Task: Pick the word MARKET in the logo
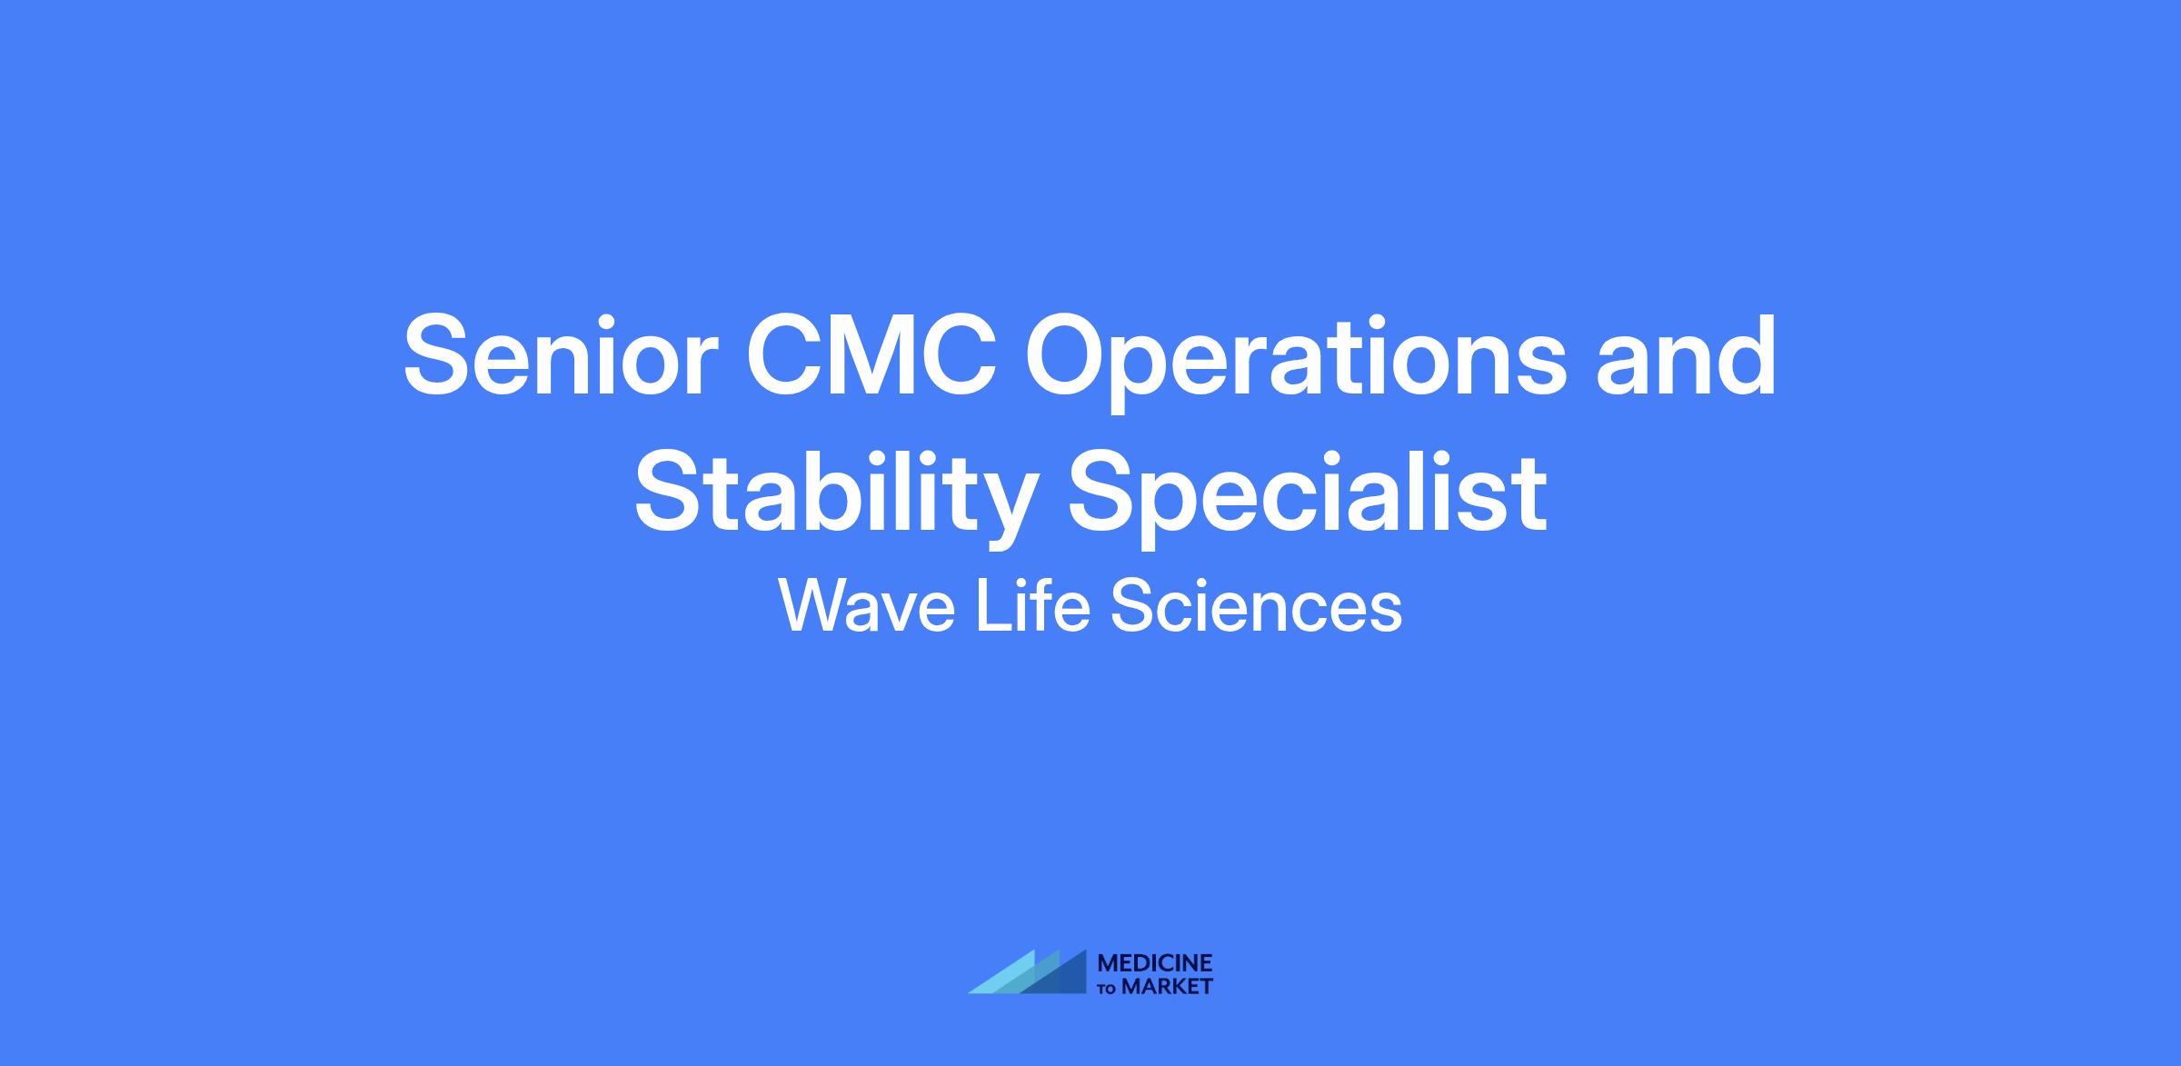pyautogui.click(x=1168, y=987)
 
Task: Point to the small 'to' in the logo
pyautogui.click(x=1109, y=989)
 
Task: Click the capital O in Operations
pyautogui.click(x=1071, y=355)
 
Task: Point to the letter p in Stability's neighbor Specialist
pyautogui.click(x=1186, y=509)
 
